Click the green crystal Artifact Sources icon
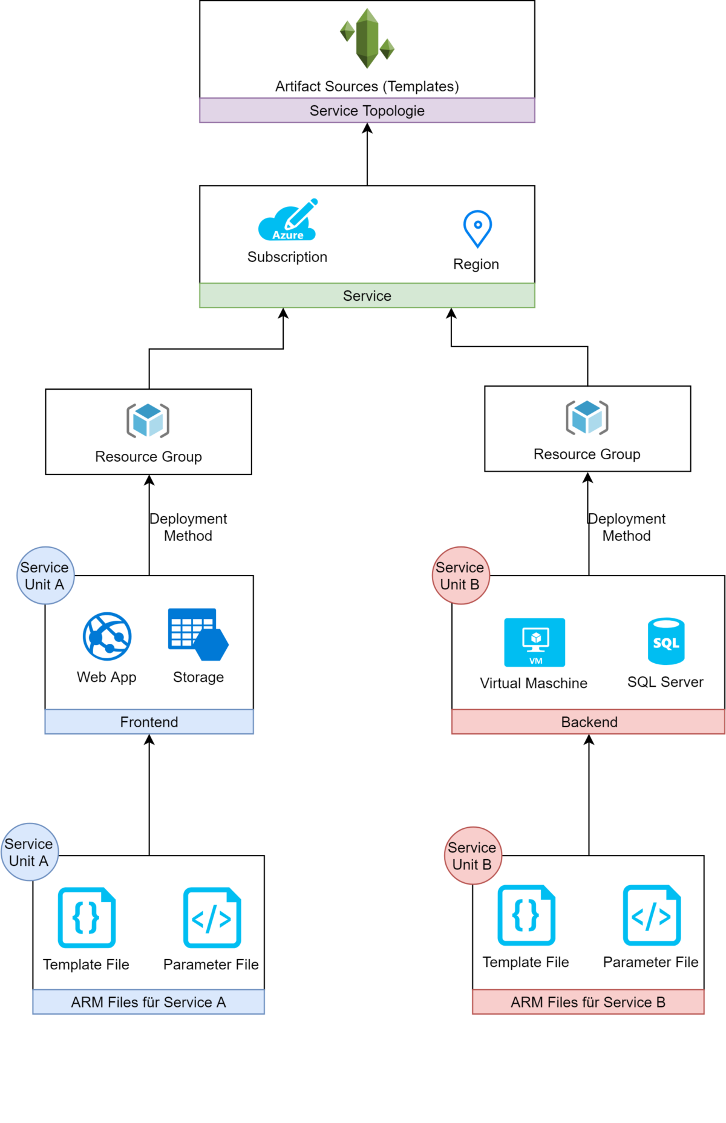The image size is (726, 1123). pos(367,38)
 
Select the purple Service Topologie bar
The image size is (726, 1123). pos(367,111)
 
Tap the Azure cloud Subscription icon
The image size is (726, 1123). pos(287,221)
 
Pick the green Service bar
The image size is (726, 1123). pos(367,296)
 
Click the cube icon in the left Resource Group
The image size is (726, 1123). pos(148,420)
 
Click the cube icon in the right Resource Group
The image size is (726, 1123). pos(587,417)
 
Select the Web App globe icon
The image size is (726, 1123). pos(107,636)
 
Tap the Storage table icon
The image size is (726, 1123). pos(197,634)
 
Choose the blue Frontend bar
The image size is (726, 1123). pos(149,722)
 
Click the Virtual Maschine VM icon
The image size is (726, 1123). pos(535,642)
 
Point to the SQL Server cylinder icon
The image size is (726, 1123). pos(666,641)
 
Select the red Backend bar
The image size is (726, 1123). pos(589,722)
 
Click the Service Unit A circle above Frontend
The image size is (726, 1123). pos(45,575)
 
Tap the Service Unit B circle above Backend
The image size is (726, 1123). pos(460,575)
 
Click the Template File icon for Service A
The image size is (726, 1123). pos(87,917)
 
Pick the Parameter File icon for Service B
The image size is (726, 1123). pos(652,915)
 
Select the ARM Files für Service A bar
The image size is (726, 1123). pos(148,1002)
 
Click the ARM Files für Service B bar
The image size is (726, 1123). pos(588,1002)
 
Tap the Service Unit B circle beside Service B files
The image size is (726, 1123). pos(473,856)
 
